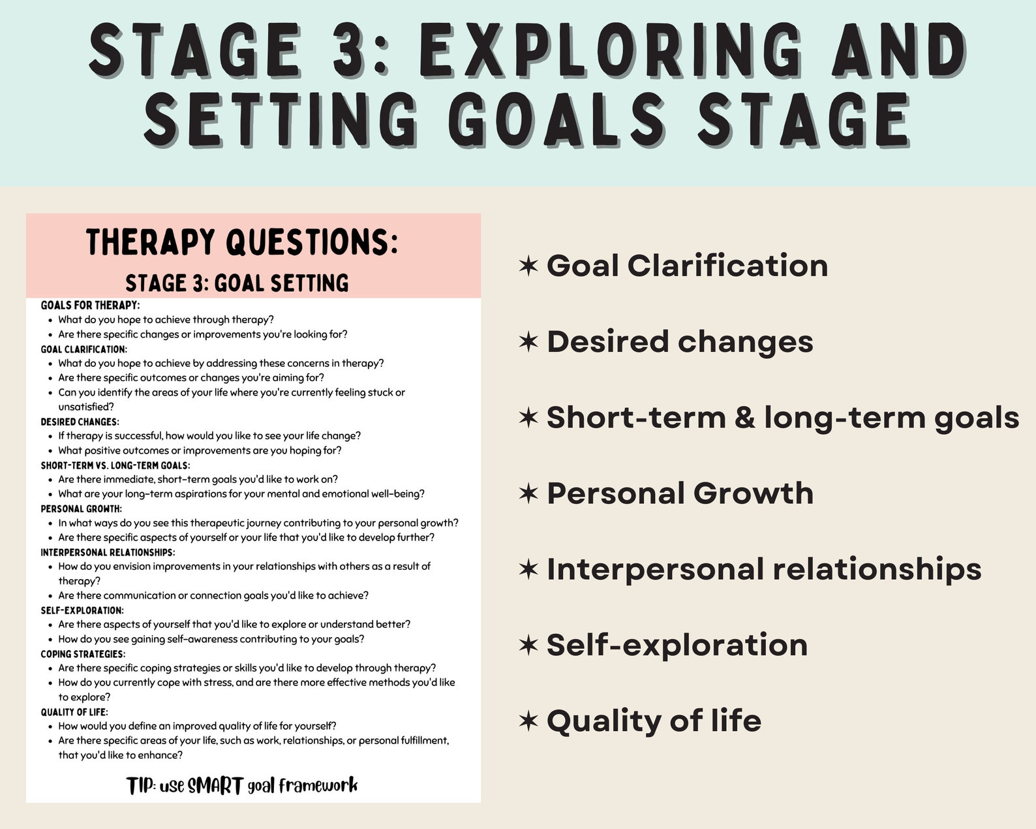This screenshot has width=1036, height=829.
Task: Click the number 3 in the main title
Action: pyautogui.click(x=352, y=51)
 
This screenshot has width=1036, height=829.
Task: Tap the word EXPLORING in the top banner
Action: pyautogui.click(x=610, y=51)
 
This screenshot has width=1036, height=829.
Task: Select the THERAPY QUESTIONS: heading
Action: pyautogui.click(x=242, y=242)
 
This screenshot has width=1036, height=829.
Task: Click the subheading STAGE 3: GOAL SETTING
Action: pyautogui.click(x=237, y=283)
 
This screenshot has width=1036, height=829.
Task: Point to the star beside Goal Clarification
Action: pyautogui.click(x=528, y=266)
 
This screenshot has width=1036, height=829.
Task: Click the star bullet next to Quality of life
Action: pyautogui.click(x=528, y=721)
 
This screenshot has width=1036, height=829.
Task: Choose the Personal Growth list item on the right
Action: pyautogui.click(x=680, y=493)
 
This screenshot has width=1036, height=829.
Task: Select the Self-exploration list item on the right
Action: pyautogui.click(x=677, y=645)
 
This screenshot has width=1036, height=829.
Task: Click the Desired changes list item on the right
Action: pyautogui.click(x=680, y=341)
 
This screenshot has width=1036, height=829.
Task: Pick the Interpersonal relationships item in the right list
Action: pyautogui.click(x=763, y=569)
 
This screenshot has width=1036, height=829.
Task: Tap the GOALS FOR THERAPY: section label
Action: pyautogui.click(x=90, y=305)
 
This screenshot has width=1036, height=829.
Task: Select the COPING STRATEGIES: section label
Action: pyautogui.click(x=83, y=654)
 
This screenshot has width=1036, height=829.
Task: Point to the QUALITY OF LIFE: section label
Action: pyautogui.click(x=74, y=712)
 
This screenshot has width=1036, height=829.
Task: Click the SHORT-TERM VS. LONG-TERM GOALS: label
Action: pyautogui.click(x=115, y=465)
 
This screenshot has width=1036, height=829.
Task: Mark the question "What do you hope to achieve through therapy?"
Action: pyautogui.click(x=166, y=320)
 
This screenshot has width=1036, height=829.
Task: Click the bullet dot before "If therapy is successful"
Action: pyautogui.click(x=51, y=436)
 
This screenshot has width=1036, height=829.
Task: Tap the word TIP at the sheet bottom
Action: pyautogui.click(x=140, y=786)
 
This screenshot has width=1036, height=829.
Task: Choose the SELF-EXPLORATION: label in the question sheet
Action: pyautogui.click(x=82, y=610)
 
